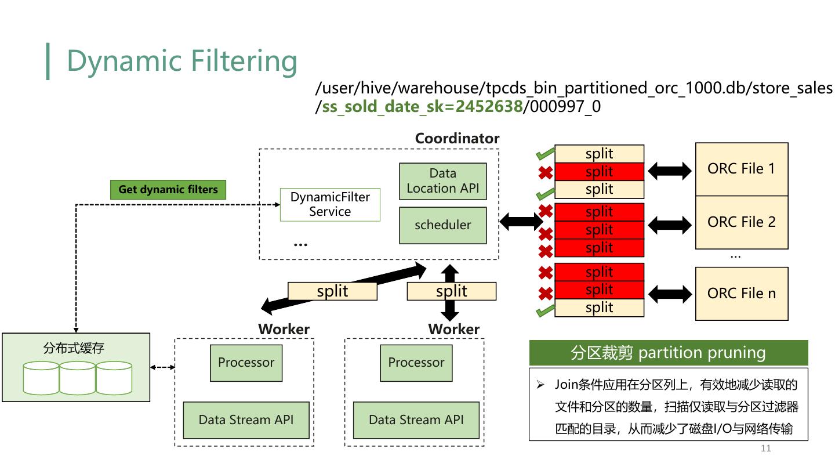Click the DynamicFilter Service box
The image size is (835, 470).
click(x=330, y=204)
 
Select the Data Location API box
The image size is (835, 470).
click(x=442, y=181)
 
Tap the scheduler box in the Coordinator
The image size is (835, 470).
click(x=442, y=225)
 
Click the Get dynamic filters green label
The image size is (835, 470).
click(x=168, y=190)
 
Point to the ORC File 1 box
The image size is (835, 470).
click(x=741, y=169)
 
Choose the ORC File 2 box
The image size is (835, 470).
click(x=741, y=222)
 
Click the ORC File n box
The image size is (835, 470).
click(x=741, y=294)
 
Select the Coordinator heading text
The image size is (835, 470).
click(x=457, y=139)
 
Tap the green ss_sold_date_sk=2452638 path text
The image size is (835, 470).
click(x=422, y=107)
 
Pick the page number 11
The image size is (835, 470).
click(x=765, y=448)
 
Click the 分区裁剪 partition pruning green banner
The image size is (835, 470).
click(x=668, y=353)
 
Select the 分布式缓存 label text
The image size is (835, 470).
click(x=74, y=348)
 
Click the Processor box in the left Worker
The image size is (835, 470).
click(x=246, y=363)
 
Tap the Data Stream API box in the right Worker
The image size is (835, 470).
click(x=416, y=420)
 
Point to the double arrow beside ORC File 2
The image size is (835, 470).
click(x=670, y=225)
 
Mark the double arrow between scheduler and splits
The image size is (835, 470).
click(x=521, y=221)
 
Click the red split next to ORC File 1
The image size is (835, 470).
click(x=599, y=172)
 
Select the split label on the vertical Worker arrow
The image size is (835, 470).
click(x=451, y=291)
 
